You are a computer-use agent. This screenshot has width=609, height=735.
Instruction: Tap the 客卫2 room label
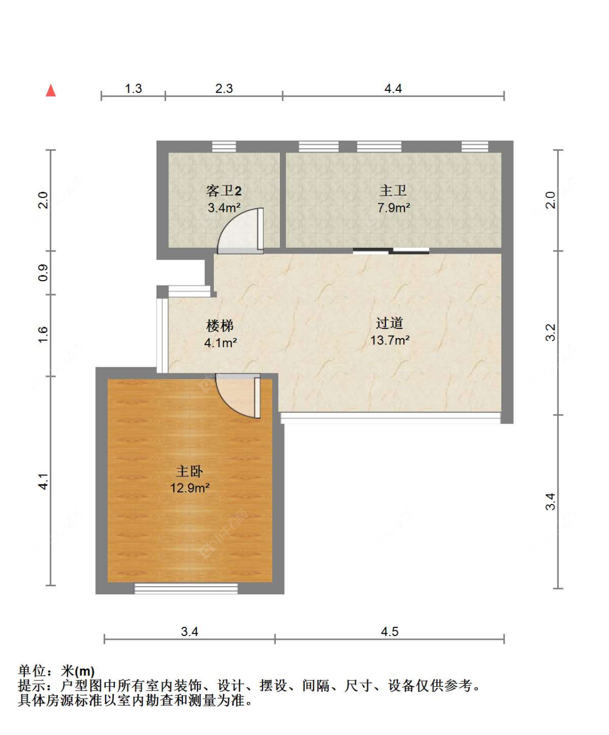click(224, 191)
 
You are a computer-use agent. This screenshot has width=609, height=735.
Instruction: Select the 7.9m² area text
click(394, 208)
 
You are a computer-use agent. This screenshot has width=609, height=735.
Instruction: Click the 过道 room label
click(389, 323)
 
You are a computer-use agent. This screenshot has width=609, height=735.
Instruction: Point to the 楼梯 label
click(220, 326)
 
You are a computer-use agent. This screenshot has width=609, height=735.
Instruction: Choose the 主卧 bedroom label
click(189, 472)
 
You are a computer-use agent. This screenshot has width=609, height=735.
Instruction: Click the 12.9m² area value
click(189, 488)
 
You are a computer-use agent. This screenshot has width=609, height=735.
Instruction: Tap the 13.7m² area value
click(389, 340)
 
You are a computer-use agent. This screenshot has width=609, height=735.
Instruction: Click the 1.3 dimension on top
click(133, 88)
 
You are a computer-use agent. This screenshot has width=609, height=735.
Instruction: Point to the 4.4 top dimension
click(393, 88)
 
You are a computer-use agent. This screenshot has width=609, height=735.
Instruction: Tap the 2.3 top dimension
click(224, 88)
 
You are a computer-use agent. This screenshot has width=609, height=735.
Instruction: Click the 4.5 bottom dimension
click(389, 632)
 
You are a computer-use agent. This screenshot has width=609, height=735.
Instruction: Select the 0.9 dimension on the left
click(43, 273)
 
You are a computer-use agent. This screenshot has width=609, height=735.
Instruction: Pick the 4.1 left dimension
click(43, 481)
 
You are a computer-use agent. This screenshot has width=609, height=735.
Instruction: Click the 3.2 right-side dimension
click(550, 333)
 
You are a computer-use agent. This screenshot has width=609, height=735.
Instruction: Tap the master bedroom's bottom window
click(186, 588)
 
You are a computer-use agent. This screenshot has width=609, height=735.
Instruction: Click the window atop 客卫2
click(224, 147)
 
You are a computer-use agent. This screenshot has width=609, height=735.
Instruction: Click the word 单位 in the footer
click(32, 671)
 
